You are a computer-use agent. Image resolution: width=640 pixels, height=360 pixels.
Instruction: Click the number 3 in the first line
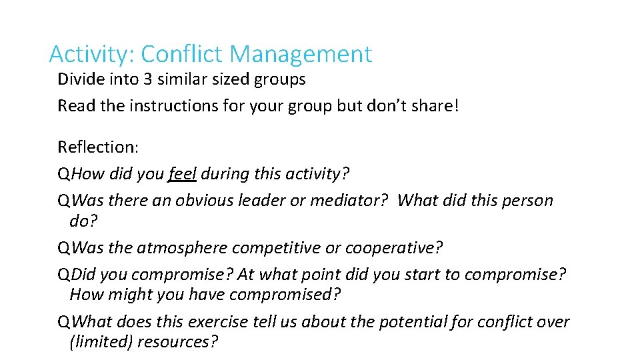[147, 79]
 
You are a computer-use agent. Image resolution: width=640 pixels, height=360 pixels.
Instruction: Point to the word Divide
[79, 79]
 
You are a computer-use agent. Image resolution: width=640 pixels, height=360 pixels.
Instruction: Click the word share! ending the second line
[437, 106]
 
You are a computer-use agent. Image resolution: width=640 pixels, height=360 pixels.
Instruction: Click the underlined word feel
[182, 174]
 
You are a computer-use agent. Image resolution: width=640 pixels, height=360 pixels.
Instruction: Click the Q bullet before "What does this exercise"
[63, 322]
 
